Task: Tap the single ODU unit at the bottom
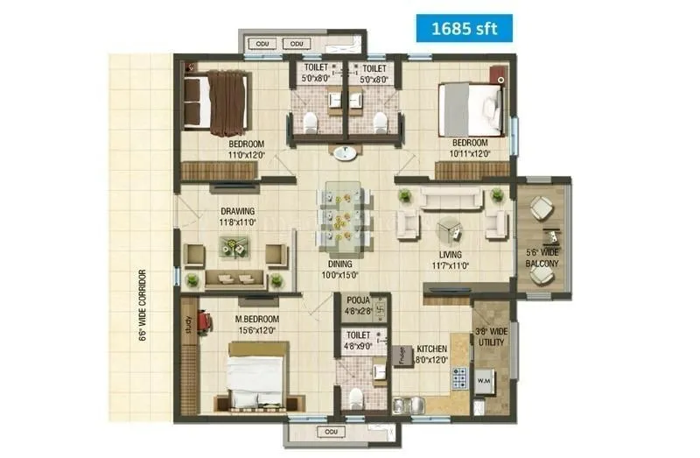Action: tap(332, 432)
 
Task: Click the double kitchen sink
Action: tap(408, 404)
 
